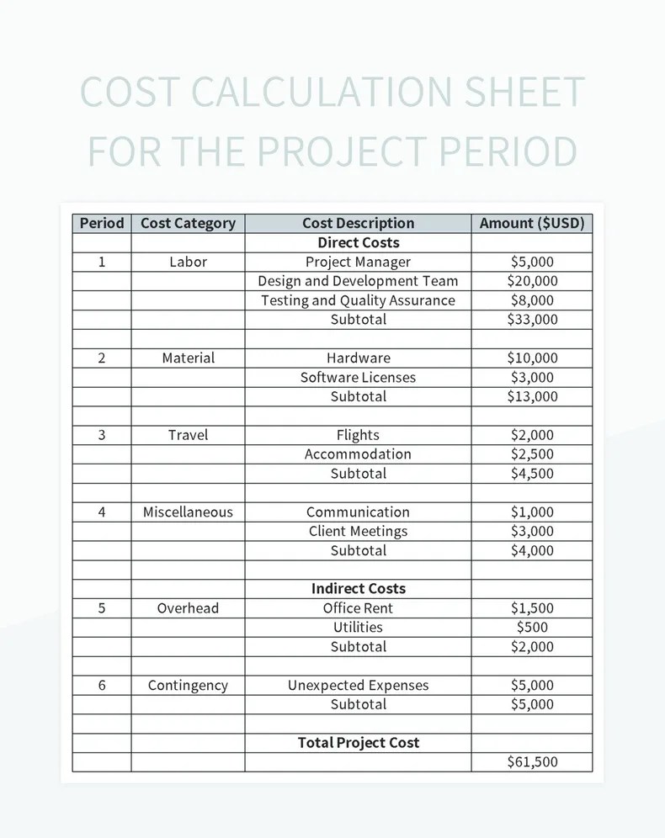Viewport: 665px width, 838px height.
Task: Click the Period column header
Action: click(101, 223)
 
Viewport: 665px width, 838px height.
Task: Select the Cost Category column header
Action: click(188, 223)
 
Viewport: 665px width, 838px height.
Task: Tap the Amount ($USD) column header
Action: click(531, 223)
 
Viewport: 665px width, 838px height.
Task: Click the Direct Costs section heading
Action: click(358, 242)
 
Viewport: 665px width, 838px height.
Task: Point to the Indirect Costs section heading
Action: click(358, 588)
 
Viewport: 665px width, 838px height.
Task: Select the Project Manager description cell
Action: click(358, 262)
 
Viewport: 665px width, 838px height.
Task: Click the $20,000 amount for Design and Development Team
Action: click(532, 281)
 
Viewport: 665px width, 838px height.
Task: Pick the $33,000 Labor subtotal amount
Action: click(532, 319)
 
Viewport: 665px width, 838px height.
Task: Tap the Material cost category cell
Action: click(188, 358)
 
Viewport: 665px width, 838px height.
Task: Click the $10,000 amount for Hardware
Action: click(532, 358)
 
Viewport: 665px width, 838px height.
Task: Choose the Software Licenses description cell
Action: click(358, 377)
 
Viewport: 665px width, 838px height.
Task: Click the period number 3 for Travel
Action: click(101, 435)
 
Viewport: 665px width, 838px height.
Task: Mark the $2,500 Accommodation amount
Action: click(532, 454)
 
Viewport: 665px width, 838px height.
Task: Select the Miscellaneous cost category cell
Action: click(188, 512)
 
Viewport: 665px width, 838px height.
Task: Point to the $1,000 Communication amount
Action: click(532, 512)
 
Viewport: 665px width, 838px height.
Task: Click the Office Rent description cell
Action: click(358, 607)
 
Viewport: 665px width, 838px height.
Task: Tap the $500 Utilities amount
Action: click(532, 627)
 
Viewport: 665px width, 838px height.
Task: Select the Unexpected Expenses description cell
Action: click(358, 685)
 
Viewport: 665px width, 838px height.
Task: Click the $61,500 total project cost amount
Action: click(532, 761)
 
